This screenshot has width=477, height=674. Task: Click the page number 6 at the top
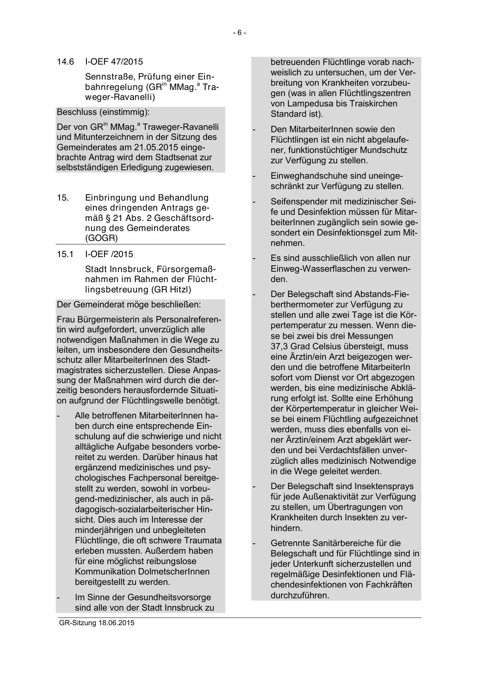[239, 33]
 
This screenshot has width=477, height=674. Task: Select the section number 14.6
[65, 61]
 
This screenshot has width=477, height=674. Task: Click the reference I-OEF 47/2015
[114, 61]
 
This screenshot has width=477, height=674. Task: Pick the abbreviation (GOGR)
[101, 238]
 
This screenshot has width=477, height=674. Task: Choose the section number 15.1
[65, 254]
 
